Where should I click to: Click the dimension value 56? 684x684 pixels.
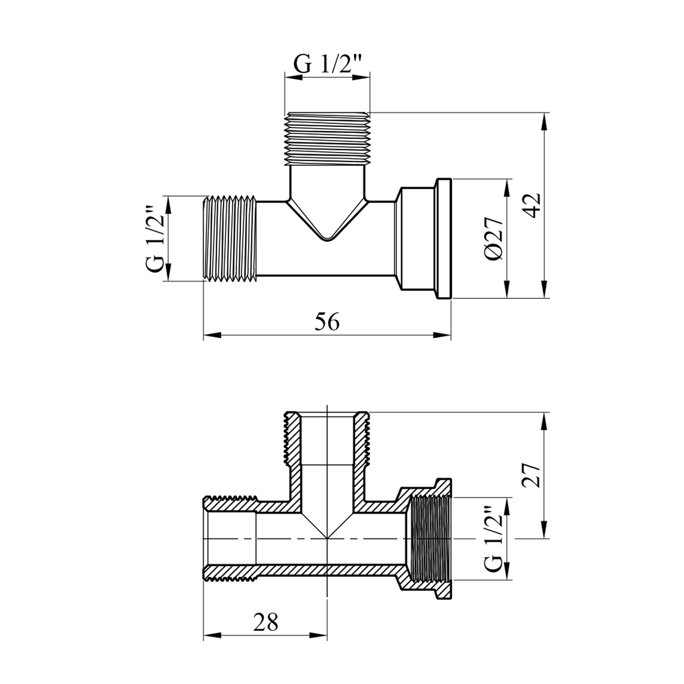327,323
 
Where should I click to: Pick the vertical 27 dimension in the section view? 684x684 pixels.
532,476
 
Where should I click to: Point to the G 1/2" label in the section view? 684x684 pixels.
494,539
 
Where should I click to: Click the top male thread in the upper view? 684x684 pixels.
327,139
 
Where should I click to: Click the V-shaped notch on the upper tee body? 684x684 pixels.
327,219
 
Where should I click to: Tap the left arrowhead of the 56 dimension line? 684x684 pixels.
212,336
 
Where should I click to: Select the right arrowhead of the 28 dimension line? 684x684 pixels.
318,635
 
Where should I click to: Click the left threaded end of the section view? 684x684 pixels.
231,539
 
